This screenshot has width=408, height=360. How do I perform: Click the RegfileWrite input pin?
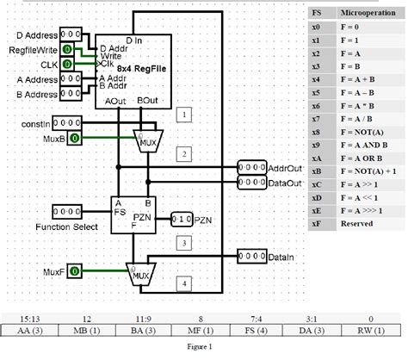67,51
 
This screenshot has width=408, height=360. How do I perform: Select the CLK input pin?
67,65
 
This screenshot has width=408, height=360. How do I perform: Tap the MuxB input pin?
74,138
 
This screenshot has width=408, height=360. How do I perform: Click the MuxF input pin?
74,272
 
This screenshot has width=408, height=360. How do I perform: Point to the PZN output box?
182,220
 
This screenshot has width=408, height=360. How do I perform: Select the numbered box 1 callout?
182,114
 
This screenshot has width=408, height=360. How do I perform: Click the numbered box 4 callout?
182,282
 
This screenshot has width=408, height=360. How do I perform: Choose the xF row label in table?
316,223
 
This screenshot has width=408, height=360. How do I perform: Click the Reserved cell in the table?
356,223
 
